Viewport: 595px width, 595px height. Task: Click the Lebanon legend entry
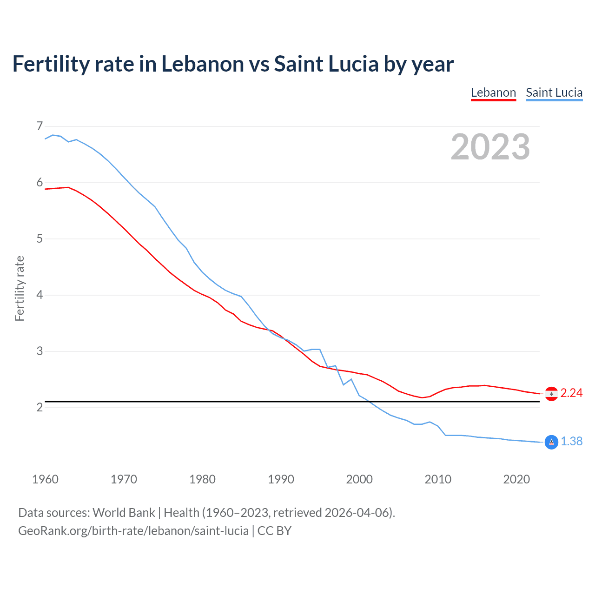coord(493,93)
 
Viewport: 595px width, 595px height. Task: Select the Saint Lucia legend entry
coord(554,93)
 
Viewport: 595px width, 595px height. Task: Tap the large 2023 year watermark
coord(490,147)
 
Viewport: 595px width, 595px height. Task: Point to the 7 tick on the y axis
coord(40,126)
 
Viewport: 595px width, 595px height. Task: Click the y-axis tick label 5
coord(40,239)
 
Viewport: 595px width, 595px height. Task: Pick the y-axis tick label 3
coord(40,351)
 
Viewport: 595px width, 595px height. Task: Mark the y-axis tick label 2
coord(40,408)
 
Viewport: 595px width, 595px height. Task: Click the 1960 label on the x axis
coord(45,479)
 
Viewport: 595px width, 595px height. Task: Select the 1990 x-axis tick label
coord(281,479)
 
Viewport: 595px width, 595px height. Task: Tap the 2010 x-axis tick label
coord(438,479)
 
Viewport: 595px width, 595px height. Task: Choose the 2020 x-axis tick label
coord(516,479)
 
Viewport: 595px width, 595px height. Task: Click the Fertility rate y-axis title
coord(20,288)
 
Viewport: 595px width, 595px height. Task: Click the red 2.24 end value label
coord(571,393)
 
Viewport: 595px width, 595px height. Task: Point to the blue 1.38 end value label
coord(571,442)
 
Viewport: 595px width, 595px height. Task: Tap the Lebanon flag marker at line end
coord(551,394)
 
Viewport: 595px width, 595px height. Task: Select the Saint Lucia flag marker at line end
coord(551,442)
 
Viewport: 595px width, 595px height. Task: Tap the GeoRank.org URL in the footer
coord(133,531)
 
